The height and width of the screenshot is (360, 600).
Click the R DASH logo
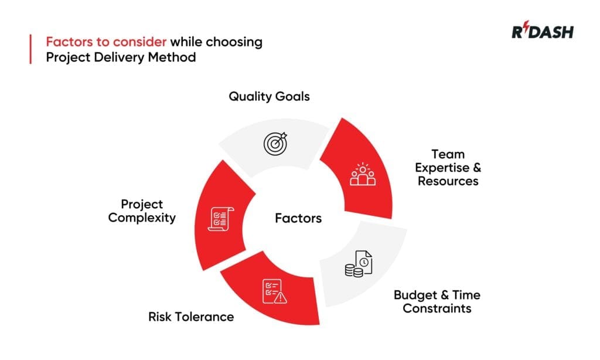pyautogui.click(x=542, y=32)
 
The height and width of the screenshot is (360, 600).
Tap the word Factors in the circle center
pyautogui.click(x=298, y=219)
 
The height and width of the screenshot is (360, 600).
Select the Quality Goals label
pyautogui.click(x=269, y=96)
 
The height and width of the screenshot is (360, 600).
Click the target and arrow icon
pyautogui.click(x=276, y=142)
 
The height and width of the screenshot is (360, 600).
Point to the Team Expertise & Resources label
pyautogui.click(x=448, y=168)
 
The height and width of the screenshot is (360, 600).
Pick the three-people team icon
pyautogui.click(x=362, y=174)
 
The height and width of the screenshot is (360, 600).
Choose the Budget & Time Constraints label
pyautogui.click(x=437, y=301)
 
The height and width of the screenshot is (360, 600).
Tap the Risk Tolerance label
pyautogui.click(x=191, y=317)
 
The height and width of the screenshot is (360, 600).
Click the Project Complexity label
pyautogui.click(x=142, y=211)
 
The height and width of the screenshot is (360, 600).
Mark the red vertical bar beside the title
pyautogui.click(x=30, y=49)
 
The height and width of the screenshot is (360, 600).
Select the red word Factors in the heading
pyautogui.click(x=70, y=42)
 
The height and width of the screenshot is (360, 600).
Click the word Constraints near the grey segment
pyautogui.click(x=437, y=308)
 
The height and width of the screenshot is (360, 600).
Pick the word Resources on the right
pyautogui.click(x=448, y=181)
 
